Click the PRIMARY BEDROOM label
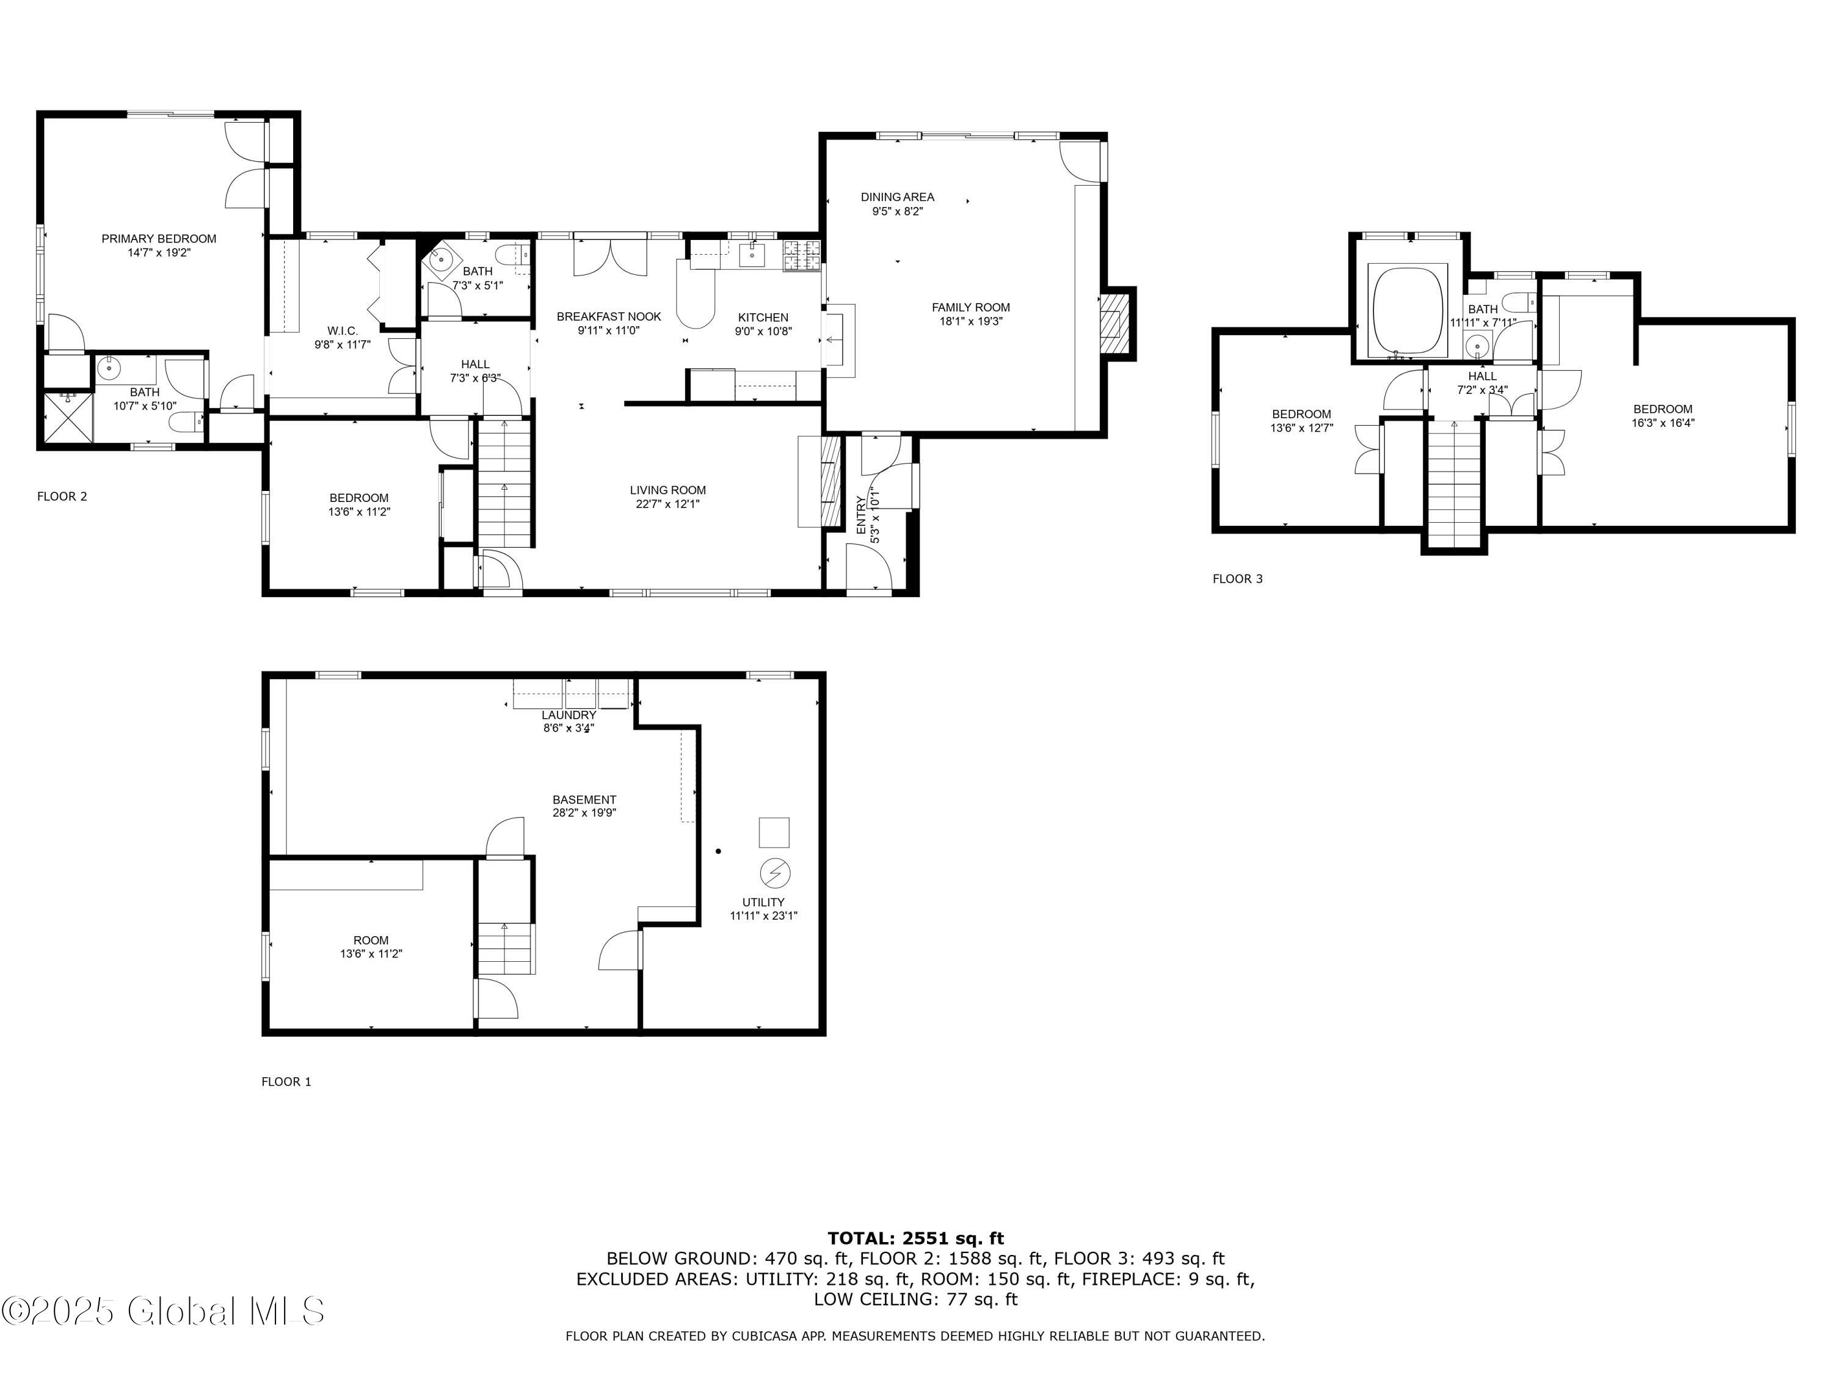pyautogui.click(x=159, y=239)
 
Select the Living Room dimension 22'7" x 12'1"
pyautogui.click(x=667, y=504)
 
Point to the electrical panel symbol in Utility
pyautogui.click(x=775, y=873)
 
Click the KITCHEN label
pyautogui.click(x=763, y=317)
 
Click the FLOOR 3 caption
pyautogui.click(x=1237, y=579)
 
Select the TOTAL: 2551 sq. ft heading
pyautogui.click(x=915, y=1238)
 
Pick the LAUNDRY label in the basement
pyautogui.click(x=569, y=714)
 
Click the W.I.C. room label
pyautogui.click(x=342, y=331)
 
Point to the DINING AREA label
pyautogui.click(x=897, y=197)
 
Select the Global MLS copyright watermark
pyautogui.click(x=163, y=1311)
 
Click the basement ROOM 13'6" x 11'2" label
pyautogui.click(x=371, y=940)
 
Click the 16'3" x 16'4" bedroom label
pyautogui.click(x=1662, y=409)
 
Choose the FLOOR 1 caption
pyautogui.click(x=286, y=1081)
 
